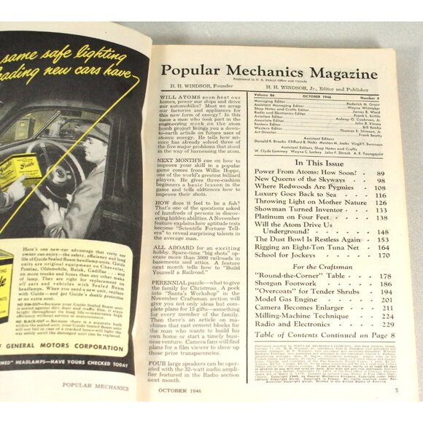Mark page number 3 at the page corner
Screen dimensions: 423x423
[x=395, y=390]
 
